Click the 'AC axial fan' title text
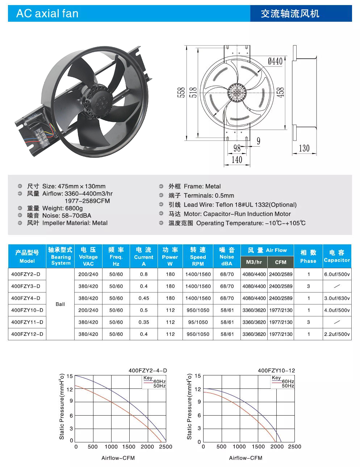coord(47,14)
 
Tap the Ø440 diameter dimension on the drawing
coord(275,62)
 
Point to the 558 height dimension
coord(181,93)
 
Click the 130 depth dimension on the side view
coord(304,148)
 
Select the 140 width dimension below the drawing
coord(236,160)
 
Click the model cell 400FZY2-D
coord(26,274)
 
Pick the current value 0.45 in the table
coord(144,298)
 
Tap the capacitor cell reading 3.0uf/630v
coord(337,298)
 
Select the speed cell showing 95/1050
coord(198,322)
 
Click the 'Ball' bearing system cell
coord(60,304)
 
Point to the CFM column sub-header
coord(281,262)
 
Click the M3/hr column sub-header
coord(254,262)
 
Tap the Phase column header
coord(308,256)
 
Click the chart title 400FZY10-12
coord(276,370)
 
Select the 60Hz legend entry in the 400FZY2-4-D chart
coord(159,382)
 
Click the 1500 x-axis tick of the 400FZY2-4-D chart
coord(129,447)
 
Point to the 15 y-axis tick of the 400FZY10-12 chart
coord(198,376)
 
